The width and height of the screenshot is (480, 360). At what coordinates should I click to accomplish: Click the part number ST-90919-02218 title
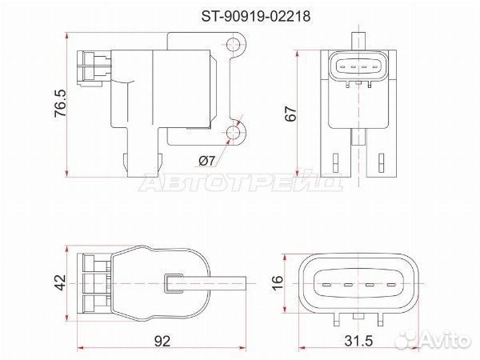[x=256, y=16]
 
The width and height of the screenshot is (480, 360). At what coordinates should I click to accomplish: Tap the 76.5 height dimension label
[x=60, y=103]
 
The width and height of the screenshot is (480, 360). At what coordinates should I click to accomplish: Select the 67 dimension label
[x=291, y=114]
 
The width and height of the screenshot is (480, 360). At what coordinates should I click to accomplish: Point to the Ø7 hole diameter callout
[x=207, y=161]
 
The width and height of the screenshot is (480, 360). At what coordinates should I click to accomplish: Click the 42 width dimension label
[x=60, y=282]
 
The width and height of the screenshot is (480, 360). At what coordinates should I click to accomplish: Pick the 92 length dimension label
[x=162, y=341]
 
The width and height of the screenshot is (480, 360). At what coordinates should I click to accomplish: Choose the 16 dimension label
[x=278, y=282]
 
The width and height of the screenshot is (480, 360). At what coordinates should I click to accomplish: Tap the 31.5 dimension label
[x=358, y=341]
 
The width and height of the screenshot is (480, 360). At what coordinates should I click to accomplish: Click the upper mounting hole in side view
[x=234, y=45]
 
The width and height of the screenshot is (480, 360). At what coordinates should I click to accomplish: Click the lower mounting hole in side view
[x=234, y=132]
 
